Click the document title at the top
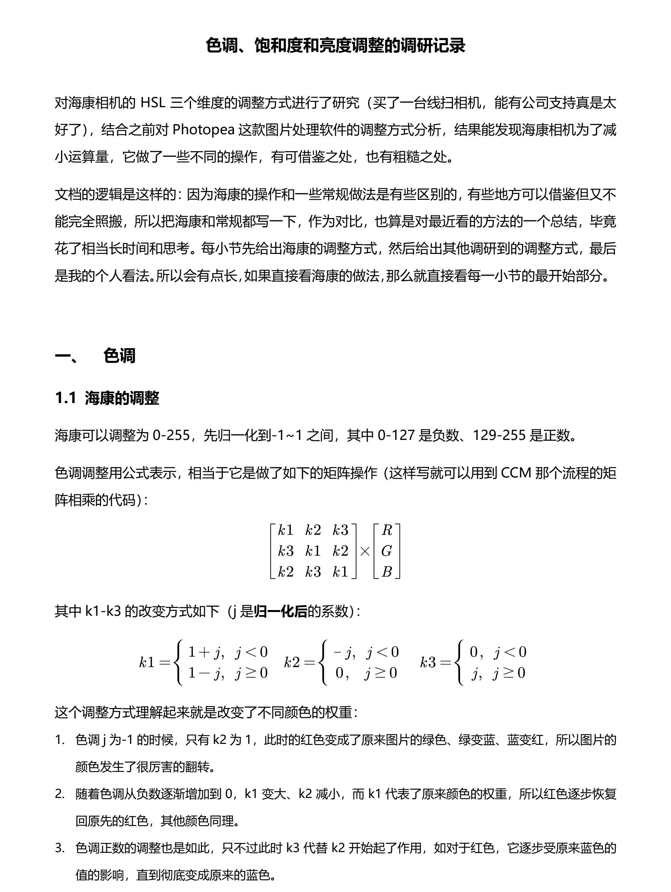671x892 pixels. click(x=335, y=46)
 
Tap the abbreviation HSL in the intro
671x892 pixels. click(x=153, y=103)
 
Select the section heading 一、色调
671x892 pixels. click(x=95, y=356)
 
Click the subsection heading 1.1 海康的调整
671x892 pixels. click(x=107, y=398)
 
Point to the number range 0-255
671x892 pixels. click(x=171, y=435)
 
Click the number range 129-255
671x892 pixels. click(x=499, y=435)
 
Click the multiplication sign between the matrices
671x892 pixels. click(x=364, y=551)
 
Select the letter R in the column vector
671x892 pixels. click(x=387, y=530)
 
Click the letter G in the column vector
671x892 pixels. click(x=387, y=551)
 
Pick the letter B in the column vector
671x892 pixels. click(x=387, y=572)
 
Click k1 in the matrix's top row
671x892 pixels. click(x=286, y=530)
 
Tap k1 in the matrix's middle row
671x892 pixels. click(x=313, y=551)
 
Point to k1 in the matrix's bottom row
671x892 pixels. click(x=340, y=572)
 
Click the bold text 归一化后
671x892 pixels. click(x=281, y=611)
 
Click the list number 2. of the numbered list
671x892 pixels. click(x=60, y=794)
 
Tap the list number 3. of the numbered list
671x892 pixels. click(x=60, y=848)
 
